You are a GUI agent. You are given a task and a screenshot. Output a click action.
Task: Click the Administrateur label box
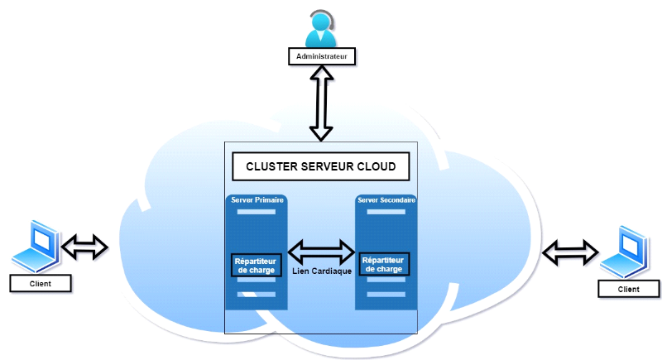point(321,56)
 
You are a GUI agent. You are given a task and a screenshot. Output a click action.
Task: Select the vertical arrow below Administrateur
point(321,103)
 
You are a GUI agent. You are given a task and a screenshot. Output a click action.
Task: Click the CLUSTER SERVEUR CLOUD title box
point(321,166)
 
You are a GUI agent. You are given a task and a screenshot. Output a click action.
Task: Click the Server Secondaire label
point(386,200)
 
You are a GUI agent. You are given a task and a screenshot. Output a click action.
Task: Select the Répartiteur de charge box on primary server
point(256,264)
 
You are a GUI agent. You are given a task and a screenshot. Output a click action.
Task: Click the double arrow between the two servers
point(321,250)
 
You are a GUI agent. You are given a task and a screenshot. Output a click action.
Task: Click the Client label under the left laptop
point(40,283)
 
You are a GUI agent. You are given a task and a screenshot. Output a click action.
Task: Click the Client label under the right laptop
point(628,289)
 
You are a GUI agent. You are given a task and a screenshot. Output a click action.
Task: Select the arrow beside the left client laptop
point(86,245)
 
